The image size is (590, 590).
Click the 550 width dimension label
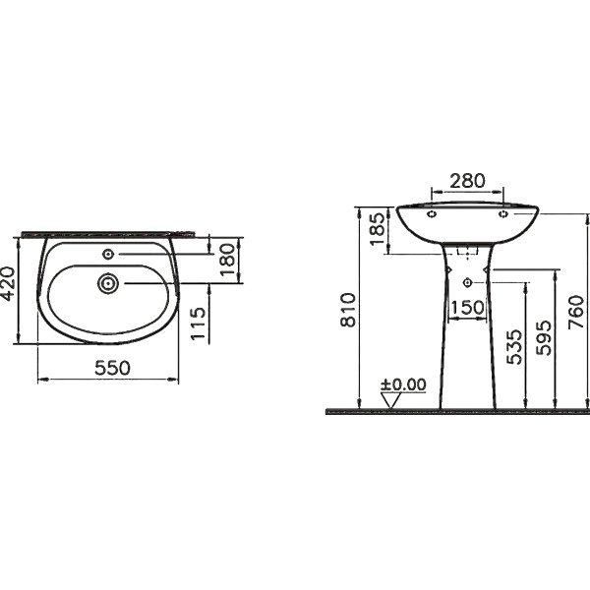(x=112, y=368)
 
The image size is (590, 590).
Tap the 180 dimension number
(x=228, y=260)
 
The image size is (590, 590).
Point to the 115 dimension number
(x=199, y=324)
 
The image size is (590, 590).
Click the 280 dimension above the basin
(x=468, y=181)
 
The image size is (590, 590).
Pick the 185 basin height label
(x=378, y=229)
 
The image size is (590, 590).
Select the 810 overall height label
(x=348, y=310)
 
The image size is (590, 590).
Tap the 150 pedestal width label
(x=468, y=308)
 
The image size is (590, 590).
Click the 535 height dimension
(x=514, y=347)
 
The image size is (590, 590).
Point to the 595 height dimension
(x=544, y=337)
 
